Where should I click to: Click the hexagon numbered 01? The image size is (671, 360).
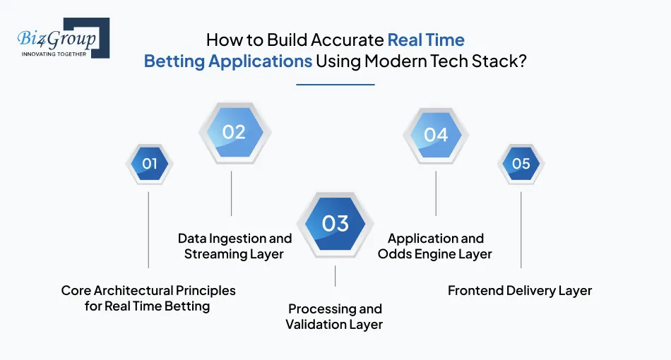(x=149, y=164)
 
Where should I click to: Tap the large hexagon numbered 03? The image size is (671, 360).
(x=335, y=224)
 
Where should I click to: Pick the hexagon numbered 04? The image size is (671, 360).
(x=436, y=134)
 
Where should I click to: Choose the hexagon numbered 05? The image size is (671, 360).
(x=521, y=164)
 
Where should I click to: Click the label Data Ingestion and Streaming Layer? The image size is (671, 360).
(x=233, y=246)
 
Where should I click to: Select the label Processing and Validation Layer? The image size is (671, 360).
(x=335, y=317)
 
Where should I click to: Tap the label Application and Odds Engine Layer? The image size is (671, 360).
(x=435, y=246)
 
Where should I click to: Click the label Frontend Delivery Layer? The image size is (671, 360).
(x=520, y=290)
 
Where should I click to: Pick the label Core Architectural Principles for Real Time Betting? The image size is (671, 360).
(x=148, y=298)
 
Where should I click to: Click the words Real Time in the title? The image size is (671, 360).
(x=426, y=40)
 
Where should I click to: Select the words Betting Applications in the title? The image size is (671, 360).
(x=227, y=61)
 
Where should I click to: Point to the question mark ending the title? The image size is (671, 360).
(x=523, y=61)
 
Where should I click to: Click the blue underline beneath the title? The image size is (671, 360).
(x=335, y=85)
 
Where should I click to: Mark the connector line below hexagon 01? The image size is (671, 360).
(x=148, y=229)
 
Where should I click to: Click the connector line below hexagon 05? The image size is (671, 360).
(x=521, y=229)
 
